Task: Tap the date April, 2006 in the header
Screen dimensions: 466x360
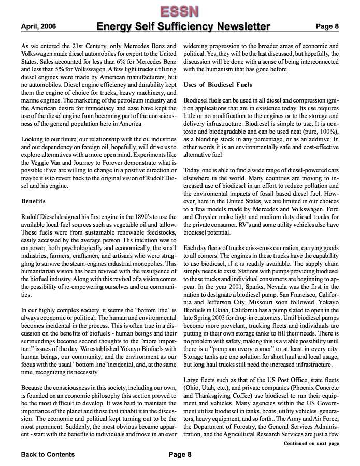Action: [39, 26]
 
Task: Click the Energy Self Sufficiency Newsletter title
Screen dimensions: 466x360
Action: [183, 26]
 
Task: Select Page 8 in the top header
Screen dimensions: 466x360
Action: [327, 26]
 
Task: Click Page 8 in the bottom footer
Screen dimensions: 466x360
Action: [180, 454]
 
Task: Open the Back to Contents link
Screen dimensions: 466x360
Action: [48, 454]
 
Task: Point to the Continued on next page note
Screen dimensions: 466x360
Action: [311, 443]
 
